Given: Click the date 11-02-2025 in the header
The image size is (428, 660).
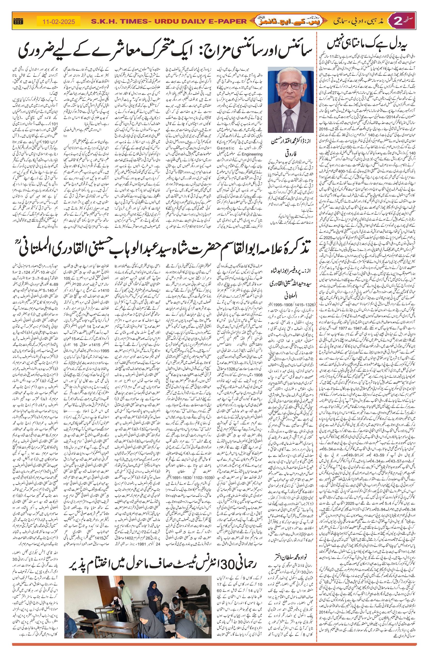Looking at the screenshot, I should click(59, 21).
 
